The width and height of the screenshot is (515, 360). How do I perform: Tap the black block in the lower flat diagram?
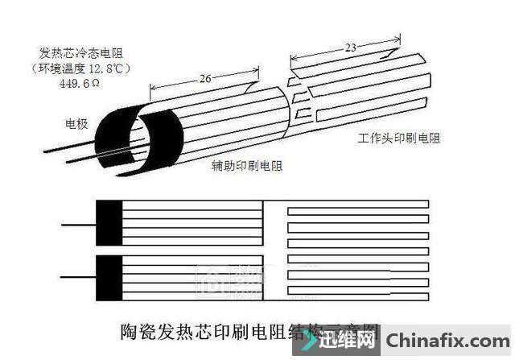(109, 277)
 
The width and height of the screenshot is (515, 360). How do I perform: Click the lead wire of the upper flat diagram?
(78, 223)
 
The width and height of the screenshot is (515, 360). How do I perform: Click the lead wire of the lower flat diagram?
(78, 278)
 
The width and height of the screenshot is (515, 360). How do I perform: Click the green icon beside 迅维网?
(310, 341)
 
